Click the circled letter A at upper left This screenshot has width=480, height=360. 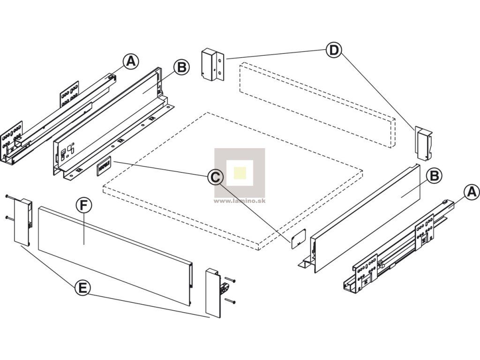pos(131,61)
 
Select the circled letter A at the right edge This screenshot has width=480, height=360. pos(472,192)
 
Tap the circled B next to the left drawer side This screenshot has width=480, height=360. pos(181,67)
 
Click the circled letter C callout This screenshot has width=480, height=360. pos(216,177)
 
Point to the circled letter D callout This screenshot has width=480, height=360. pos(334,50)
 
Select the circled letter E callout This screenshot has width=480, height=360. pos(82,288)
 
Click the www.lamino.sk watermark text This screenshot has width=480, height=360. pos(240,201)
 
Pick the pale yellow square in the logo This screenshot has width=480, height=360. pos(240,173)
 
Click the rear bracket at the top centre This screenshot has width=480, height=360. pos(212,64)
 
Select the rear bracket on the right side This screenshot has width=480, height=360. pos(423,143)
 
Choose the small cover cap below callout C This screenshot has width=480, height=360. pos(298,238)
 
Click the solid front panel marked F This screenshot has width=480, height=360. pos(115,255)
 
